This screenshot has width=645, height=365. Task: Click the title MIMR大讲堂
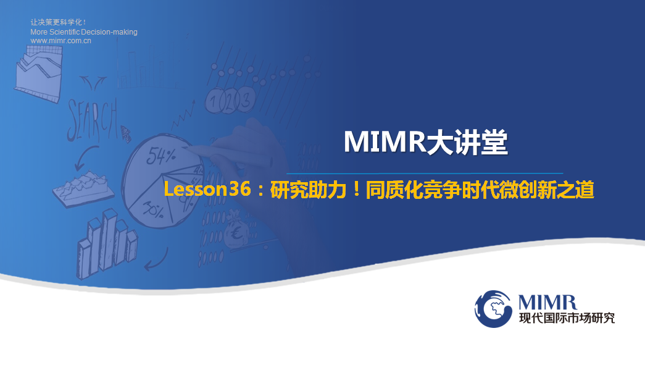(426, 143)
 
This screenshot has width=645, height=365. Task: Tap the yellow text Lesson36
(207, 189)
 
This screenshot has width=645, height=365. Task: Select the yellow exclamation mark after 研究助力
(356, 189)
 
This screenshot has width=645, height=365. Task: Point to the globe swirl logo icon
(493, 309)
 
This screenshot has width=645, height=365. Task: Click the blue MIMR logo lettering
(547, 303)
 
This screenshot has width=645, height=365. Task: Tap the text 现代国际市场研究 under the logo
(567, 318)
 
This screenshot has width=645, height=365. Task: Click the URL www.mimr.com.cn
(61, 41)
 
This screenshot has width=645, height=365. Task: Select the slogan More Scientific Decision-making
(84, 31)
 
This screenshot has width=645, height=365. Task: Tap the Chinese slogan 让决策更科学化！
(59, 22)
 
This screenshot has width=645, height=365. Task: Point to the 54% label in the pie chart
(161, 156)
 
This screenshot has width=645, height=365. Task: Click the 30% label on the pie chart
(153, 210)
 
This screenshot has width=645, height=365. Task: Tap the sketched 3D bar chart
(107, 243)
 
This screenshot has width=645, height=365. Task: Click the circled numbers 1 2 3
(230, 101)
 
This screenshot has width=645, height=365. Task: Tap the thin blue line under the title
(425, 174)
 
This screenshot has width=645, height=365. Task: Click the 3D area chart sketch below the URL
(39, 73)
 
